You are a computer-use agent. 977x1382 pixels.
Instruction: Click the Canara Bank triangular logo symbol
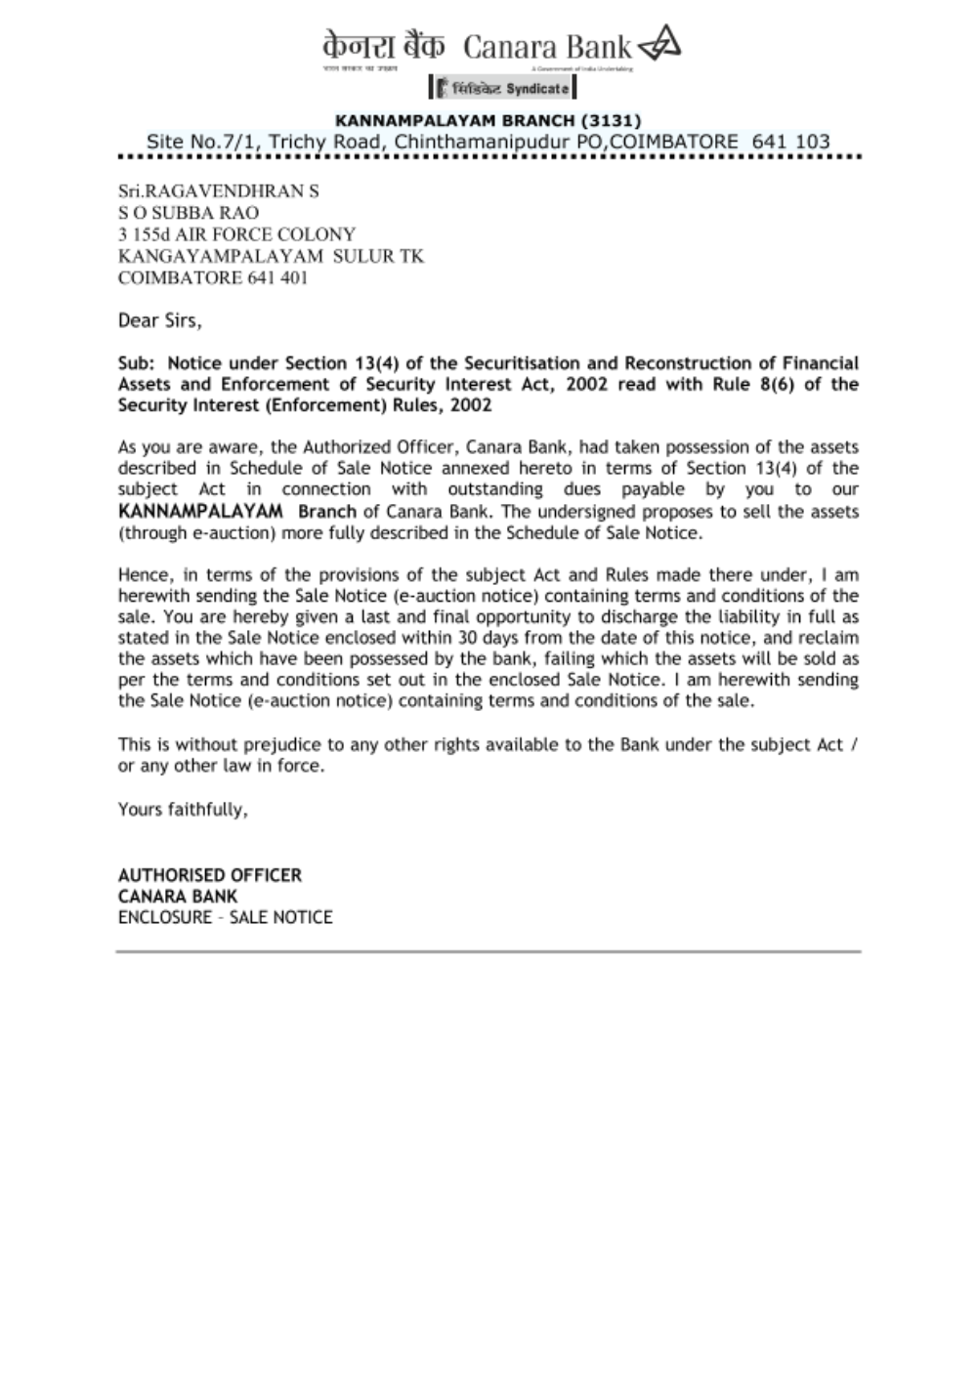pyautogui.click(x=659, y=44)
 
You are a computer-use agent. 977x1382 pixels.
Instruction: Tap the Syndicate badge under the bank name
pyautogui.click(x=502, y=88)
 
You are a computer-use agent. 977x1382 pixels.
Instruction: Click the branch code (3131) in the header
pyautogui.click(x=611, y=120)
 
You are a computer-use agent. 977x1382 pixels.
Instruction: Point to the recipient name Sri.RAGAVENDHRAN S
pyautogui.click(x=218, y=190)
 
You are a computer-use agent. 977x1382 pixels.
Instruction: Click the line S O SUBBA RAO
pyautogui.click(x=189, y=213)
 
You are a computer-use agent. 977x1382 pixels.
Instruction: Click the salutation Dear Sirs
pyautogui.click(x=159, y=320)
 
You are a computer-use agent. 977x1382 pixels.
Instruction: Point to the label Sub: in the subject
pyautogui.click(x=137, y=363)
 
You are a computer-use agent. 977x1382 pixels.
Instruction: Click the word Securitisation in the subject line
pyautogui.click(x=529, y=363)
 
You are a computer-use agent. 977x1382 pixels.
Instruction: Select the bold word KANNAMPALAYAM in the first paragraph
pyautogui.click(x=200, y=512)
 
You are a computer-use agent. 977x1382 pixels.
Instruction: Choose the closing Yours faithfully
pyautogui.click(x=183, y=810)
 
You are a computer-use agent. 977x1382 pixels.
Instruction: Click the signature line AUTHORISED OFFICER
pyautogui.click(x=210, y=875)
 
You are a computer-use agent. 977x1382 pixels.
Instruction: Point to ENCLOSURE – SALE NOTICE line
pyautogui.click(x=225, y=917)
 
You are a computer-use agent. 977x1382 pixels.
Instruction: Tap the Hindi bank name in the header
pyautogui.click(x=383, y=46)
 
